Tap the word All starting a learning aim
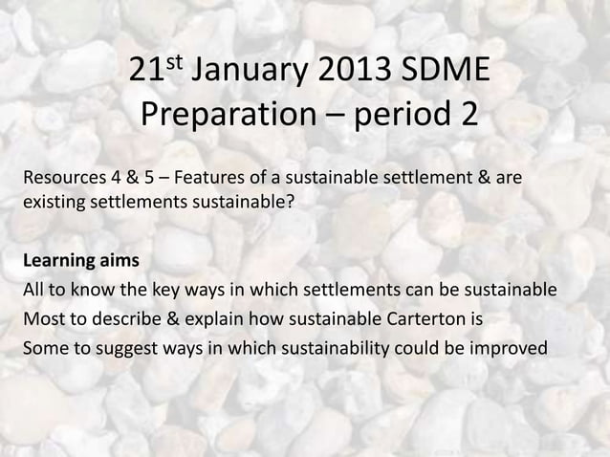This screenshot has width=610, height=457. click(33, 290)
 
